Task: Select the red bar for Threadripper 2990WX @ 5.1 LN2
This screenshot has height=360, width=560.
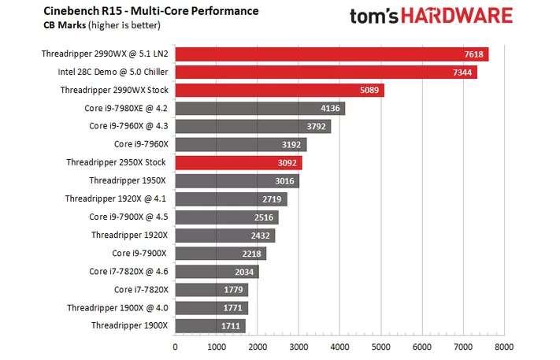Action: click(331, 54)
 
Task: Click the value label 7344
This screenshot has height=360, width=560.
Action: click(459, 72)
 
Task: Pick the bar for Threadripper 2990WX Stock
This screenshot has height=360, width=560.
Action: click(279, 91)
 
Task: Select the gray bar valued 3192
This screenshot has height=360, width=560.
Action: click(240, 144)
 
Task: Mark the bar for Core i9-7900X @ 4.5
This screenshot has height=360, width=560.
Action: click(226, 217)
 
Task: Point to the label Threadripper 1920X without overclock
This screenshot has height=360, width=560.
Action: click(129, 235)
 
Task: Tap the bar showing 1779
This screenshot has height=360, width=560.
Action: click(211, 289)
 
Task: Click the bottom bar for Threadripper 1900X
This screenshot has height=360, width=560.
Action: click(210, 325)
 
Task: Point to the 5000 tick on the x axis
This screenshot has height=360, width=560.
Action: click(381, 346)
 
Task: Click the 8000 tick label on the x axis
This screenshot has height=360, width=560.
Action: click(504, 346)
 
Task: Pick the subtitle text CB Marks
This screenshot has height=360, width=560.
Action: click(51, 25)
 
